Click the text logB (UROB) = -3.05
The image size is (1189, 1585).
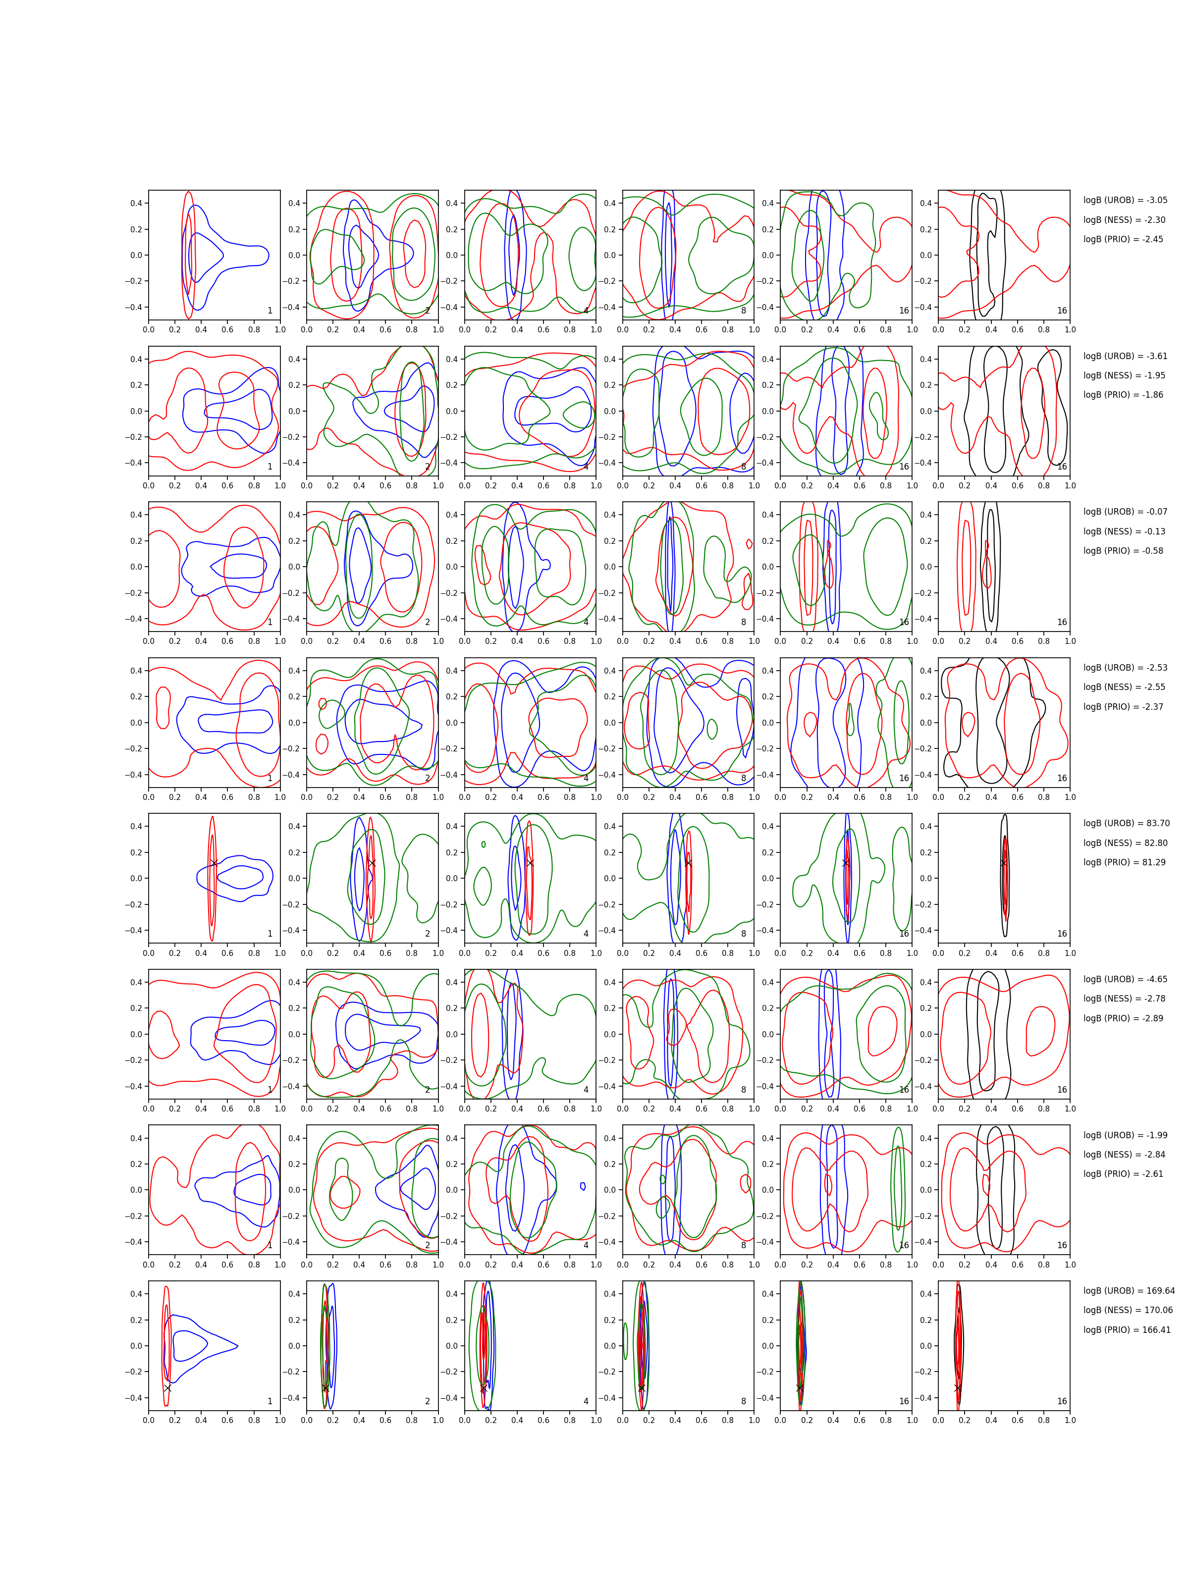[x=1125, y=200]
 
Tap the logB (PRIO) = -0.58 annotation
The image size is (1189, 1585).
[x=1123, y=551]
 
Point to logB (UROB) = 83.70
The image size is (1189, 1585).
[x=1126, y=823]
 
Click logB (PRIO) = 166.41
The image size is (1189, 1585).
[x=1127, y=1330]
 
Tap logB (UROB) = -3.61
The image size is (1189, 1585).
[x=1125, y=356]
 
